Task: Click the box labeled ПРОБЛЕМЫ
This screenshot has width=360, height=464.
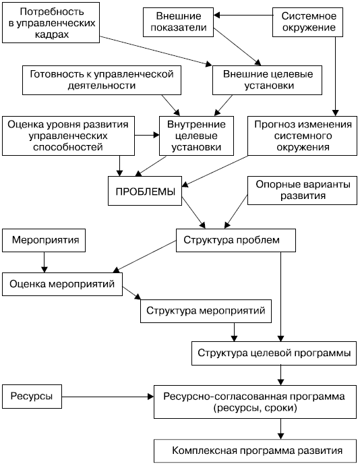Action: tap(145, 191)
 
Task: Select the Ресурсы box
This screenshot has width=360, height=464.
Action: tap(32, 397)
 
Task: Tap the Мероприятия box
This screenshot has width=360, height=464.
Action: tap(44, 240)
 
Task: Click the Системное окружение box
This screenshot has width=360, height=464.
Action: tap(307, 22)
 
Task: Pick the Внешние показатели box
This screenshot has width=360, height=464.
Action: tap(178, 22)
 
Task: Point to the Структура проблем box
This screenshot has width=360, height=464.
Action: tap(236, 240)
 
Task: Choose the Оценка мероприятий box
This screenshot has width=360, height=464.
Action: tap(62, 284)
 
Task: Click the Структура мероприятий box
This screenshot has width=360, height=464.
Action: tap(206, 311)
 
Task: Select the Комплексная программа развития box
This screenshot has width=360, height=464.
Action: tap(256, 451)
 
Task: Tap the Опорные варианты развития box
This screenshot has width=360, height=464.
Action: tap(302, 191)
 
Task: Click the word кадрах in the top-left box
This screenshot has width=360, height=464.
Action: tap(52, 35)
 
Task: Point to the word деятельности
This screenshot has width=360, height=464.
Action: tap(102, 86)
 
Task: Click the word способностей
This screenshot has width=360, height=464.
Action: tap(68, 148)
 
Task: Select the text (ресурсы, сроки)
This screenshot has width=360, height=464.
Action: tap(255, 409)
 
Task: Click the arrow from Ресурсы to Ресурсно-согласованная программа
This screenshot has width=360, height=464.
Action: tap(108, 397)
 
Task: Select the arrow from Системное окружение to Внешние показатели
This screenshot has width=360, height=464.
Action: tap(243, 15)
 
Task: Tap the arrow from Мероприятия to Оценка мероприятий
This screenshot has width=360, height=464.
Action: tap(44, 262)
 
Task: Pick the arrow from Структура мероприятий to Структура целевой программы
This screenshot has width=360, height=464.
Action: tap(234, 332)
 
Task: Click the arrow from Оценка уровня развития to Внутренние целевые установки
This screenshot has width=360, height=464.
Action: tap(147, 136)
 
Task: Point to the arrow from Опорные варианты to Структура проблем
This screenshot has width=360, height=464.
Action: tap(236, 212)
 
